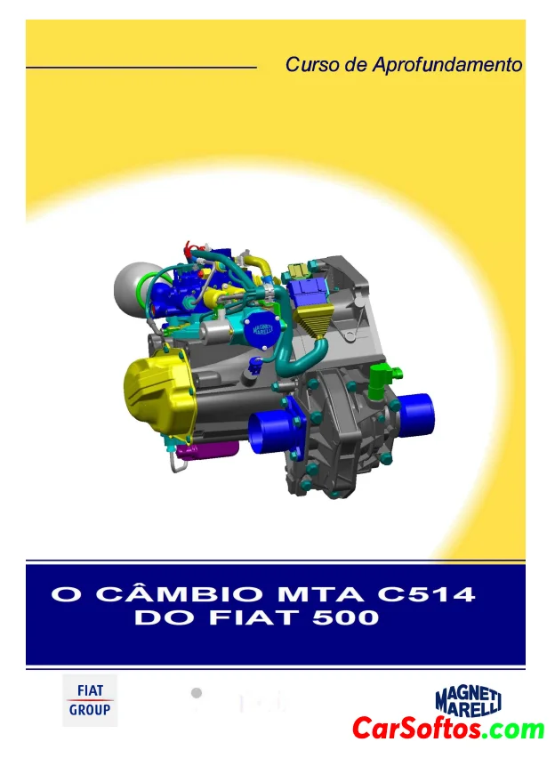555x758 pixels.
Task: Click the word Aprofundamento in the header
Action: (x=447, y=65)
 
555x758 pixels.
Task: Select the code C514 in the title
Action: (x=426, y=593)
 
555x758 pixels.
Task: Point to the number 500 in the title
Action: (x=345, y=617)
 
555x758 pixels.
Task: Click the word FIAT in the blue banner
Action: (x=258, y=617)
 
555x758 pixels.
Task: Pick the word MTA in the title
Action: (x=320, y=593)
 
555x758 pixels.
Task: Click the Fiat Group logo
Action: (x=90, y=700)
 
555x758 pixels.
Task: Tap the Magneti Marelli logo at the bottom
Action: (x=468, y=702)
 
